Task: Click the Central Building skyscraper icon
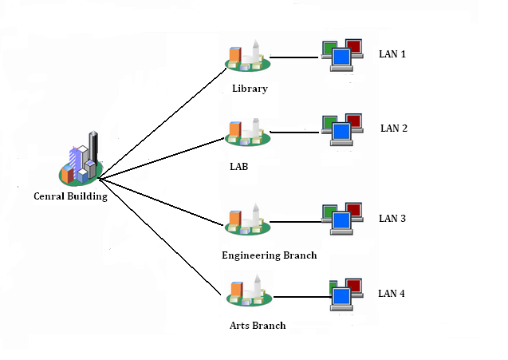81,159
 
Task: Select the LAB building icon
247,133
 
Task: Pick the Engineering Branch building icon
247,219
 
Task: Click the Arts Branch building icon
248,292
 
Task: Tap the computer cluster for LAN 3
343,218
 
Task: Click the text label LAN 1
392,54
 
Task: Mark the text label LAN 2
394,128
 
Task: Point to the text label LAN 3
392,218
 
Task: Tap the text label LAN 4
392,294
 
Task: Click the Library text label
250,89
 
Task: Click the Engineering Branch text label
270,255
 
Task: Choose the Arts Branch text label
257,326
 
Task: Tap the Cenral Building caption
71,196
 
